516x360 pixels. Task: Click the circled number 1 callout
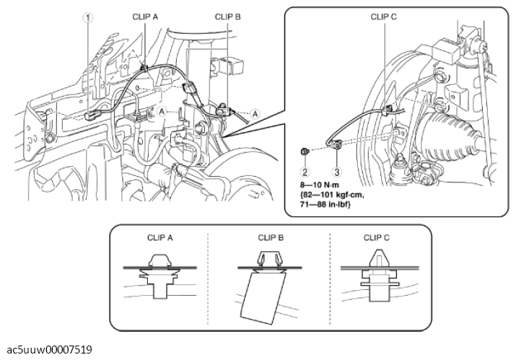[88, 19]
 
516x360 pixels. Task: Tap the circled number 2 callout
[305, 172]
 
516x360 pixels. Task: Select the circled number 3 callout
[336, 172]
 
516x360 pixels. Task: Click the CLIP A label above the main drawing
[145, 14]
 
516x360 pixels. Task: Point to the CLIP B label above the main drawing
[228, 14]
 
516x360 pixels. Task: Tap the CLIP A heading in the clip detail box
[161, 235]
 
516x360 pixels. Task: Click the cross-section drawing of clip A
[161, 278]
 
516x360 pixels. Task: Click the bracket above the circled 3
[336, 147]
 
